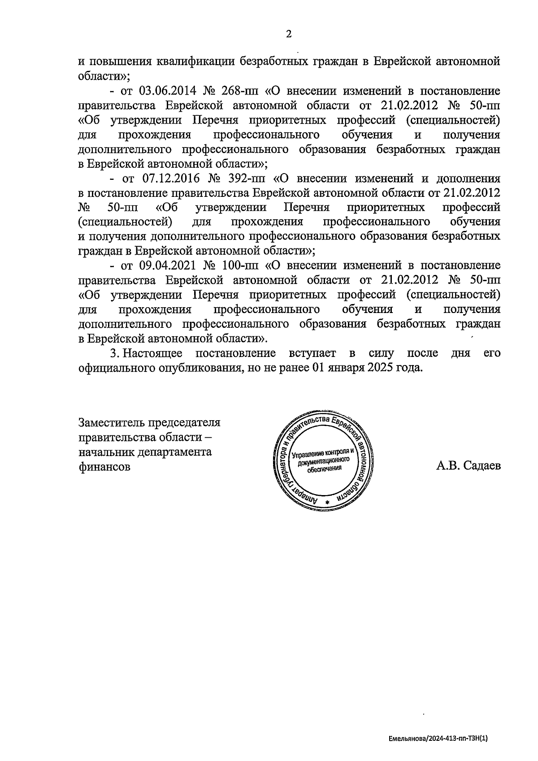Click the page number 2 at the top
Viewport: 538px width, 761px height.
click(x=288, y=34)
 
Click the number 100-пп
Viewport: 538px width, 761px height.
click(x=240, y=266)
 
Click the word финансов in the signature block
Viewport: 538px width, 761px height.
click(x=104, y=467)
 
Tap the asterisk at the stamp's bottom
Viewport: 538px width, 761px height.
click(x=327, y=502)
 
